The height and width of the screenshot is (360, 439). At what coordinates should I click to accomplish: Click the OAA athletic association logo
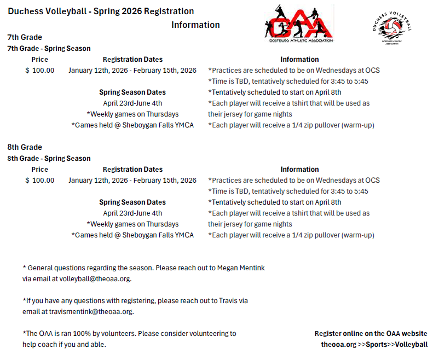click(298, 22)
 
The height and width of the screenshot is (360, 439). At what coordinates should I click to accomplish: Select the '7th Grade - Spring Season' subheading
click(49, 49)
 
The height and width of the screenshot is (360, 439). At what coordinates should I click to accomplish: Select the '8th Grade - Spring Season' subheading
click(49, 158)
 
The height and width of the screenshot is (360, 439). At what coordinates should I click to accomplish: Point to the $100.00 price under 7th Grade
click(40, 71)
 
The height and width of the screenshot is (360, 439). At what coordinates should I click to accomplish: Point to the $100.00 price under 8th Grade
click(40, 180)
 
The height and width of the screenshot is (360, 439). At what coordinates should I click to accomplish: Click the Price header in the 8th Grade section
click(40, 170)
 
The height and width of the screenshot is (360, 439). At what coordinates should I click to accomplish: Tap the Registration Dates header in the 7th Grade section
click(132, 60)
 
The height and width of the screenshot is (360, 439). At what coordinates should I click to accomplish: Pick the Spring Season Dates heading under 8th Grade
click(132, 202)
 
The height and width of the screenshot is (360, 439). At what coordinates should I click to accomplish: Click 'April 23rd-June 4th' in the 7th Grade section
click(132, 103)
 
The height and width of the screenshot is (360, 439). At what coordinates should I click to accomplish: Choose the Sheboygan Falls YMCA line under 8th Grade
click(132, 235)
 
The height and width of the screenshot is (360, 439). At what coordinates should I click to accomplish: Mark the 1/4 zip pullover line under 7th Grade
click(291, 125)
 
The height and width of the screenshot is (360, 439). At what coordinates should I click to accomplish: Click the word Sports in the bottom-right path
click(376, 345)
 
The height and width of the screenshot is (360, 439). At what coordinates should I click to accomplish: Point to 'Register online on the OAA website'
click(371, 334)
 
